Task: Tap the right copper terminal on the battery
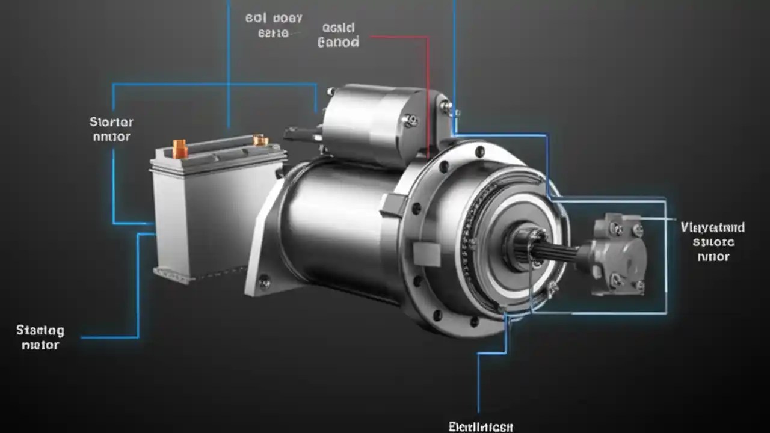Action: (x=260, y=140)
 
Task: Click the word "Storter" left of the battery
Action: (x=111, y=122)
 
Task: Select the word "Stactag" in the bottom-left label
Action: (x=40, y=330)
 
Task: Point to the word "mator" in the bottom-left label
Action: (x=40, y=345)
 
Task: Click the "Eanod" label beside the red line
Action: (x=337, y=42)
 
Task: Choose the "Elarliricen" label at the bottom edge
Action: (x=480, y=426)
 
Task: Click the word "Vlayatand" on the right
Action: (x=713, y=227)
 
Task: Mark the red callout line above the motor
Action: (x=427, y=90)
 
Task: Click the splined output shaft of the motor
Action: (x=553, y=249)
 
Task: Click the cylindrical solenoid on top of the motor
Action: (x=373, y=123)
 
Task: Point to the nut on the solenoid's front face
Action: (x=411, y=120)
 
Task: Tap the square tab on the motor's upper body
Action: (x=394, y=205)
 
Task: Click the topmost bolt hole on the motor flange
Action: (x=479, y=152)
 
